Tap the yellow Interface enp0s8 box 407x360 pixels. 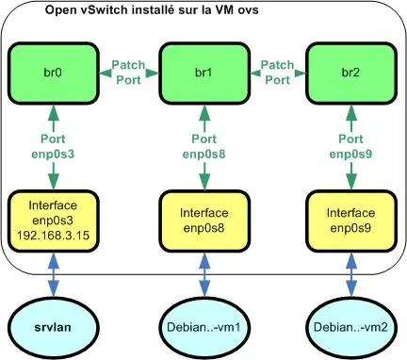201,221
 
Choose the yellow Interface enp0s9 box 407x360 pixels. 348,221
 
